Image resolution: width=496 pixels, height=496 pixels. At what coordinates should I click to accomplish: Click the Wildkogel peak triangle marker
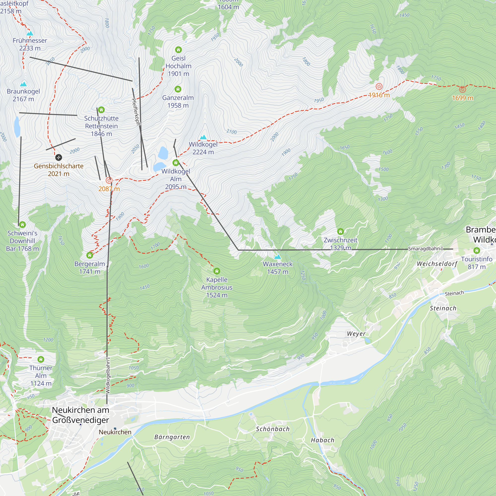203,137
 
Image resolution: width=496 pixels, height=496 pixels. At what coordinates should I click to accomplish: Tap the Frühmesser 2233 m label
30,44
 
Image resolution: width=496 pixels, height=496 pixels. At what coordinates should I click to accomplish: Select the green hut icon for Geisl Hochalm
178,50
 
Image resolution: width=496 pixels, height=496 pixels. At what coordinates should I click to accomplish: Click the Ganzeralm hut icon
178,89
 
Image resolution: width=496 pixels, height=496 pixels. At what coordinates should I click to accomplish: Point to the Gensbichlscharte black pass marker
59,157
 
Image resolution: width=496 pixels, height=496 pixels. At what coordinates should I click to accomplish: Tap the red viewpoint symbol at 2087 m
109,180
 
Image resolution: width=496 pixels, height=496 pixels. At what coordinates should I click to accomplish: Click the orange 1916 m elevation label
379,95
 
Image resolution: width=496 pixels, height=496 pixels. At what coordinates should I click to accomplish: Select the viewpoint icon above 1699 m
462,89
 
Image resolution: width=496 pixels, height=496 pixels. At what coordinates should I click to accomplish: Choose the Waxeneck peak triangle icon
278,257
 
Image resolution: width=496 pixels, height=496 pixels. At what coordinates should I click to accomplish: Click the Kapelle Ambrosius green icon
217,271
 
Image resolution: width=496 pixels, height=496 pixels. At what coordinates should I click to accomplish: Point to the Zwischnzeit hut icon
341,232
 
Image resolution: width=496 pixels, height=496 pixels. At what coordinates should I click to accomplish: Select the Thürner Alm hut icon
41,359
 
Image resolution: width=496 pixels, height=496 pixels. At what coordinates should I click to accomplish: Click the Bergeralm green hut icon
90,255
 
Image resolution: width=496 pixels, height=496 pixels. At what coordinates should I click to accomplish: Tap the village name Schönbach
273,429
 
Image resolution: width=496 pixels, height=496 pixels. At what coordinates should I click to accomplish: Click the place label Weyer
356,334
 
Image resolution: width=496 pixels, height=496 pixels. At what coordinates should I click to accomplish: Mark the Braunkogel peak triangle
23,84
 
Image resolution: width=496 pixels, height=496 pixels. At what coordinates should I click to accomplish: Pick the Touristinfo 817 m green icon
476,250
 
